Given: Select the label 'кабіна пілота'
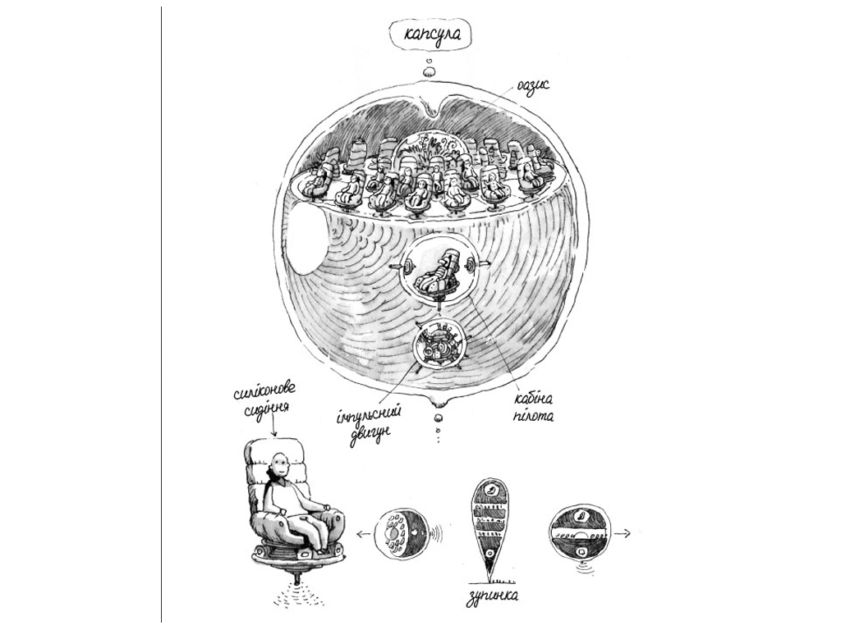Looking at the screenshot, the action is point(533,407).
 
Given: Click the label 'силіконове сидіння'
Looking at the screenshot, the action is point(265,402).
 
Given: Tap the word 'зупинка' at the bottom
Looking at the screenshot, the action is point(493,596).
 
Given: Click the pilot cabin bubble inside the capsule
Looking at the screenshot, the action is point(440,273).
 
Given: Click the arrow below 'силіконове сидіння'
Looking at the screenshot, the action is point(274,427).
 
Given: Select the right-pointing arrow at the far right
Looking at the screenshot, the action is point(623,533).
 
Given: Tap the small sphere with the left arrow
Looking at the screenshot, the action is point(399,534).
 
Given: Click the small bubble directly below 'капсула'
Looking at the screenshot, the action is point(430,71).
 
